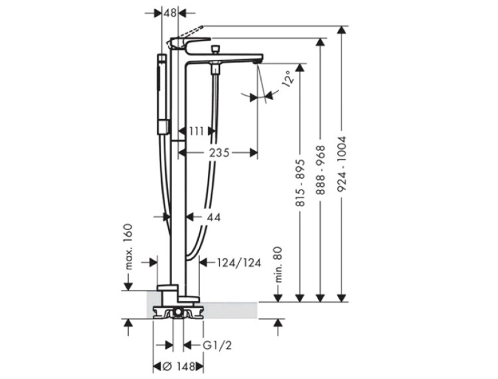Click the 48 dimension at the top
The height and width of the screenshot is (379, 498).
(x=170, y=13)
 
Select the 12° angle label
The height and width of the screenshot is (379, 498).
(x=286, y=79)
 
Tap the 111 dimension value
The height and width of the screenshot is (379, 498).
(x=197, y=131)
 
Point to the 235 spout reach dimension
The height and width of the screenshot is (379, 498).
(x=219, y=153)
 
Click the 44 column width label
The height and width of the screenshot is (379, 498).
(x=214, y=217)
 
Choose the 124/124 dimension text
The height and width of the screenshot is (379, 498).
(x=239, y=263)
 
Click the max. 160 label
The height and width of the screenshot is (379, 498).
(x=128, y=247)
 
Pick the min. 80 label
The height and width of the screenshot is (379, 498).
(x=278, y=265)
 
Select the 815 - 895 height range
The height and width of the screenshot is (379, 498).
(x=300, y=183)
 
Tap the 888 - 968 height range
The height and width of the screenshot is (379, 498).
(x=321, y=170)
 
